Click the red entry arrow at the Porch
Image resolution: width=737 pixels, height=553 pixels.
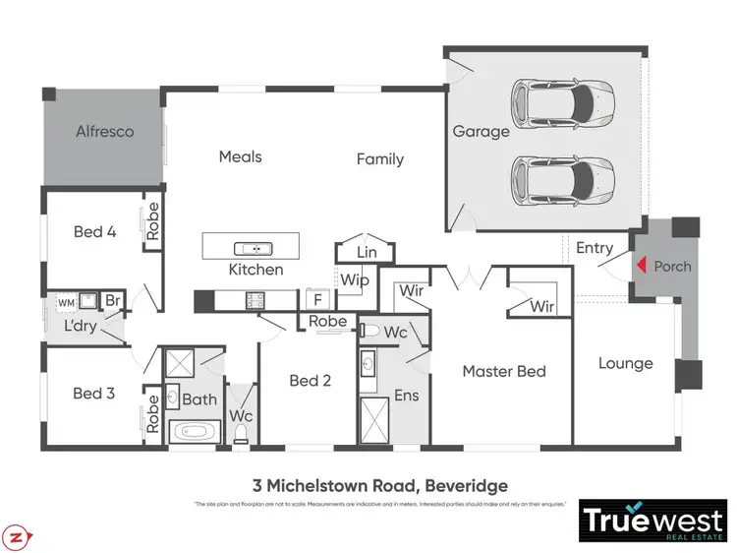click(x=640, y=266)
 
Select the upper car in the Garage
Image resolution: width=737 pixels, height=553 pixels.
click(x=563, y=100)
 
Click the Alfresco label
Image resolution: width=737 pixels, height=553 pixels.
click(x=105, y=131)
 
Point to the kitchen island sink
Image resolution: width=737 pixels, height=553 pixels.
click(x=252, y=247)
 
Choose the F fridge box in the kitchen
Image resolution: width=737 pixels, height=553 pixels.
click(x=316, y=299)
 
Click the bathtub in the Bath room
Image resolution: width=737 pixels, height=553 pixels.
click(x=197, y=431)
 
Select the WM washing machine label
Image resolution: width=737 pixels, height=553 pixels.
click(x=66, y=302)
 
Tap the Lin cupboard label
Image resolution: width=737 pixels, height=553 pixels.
click(x=366, y=253)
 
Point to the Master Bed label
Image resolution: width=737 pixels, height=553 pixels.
click(x=503, y=371)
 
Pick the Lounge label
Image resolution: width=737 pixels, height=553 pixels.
click(x=625, y=363)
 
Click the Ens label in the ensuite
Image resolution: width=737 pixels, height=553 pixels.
click(x=405, y=396)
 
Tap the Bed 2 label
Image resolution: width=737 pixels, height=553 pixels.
click(x=310, y=380)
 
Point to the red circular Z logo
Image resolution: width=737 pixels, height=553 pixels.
click(x=17, y=537)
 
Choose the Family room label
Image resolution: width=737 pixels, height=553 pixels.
click(x=379, y=158)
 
